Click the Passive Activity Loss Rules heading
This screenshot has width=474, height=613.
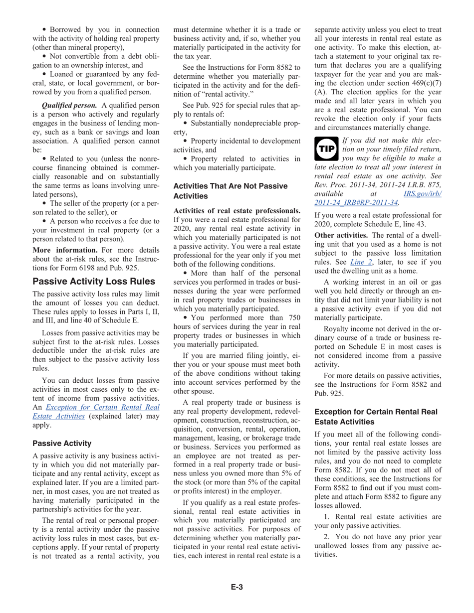[x=93, y=281]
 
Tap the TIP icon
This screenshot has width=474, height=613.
[x=327, y=149]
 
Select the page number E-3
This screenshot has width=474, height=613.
[x=237, y=587]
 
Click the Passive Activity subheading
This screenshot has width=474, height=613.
[x=62, y=443]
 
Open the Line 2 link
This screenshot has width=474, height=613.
[x=361, y=262]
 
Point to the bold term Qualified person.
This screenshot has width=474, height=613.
[x=69, y=105]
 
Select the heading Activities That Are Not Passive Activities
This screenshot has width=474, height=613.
[x=230, y=190]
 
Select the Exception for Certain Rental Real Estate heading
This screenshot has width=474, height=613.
[x=376, y=417]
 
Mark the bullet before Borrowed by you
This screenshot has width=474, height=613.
[x=45, y=29]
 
